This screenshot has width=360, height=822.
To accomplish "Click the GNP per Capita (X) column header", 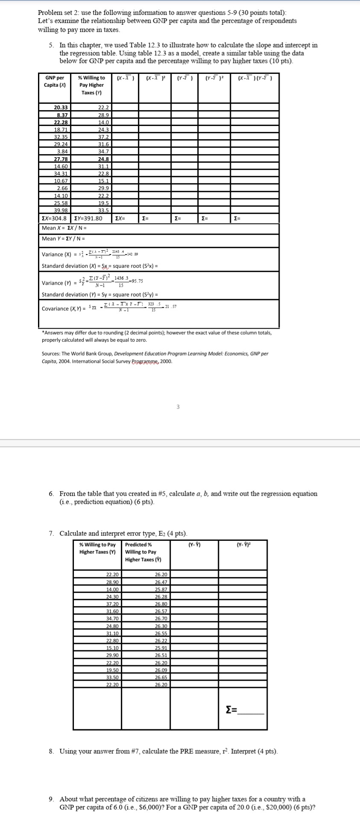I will tap(55, 81).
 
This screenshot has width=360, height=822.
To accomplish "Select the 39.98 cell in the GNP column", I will tap(62, 210).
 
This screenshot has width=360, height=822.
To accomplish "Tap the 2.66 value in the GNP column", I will tap(62, 188).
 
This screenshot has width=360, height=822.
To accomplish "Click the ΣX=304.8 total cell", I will tap(54, 218).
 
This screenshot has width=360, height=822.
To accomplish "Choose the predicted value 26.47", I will tap(161, 582).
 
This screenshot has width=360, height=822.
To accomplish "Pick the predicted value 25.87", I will tap(161, 590).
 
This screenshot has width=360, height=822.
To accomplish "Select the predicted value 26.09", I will tap(161, 670).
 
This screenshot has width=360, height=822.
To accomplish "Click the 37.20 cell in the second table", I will tap(113, 604).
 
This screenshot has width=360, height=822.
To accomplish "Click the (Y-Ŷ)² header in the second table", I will tap(243, 545).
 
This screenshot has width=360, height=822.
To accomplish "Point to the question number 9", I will tap(51, 799).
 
